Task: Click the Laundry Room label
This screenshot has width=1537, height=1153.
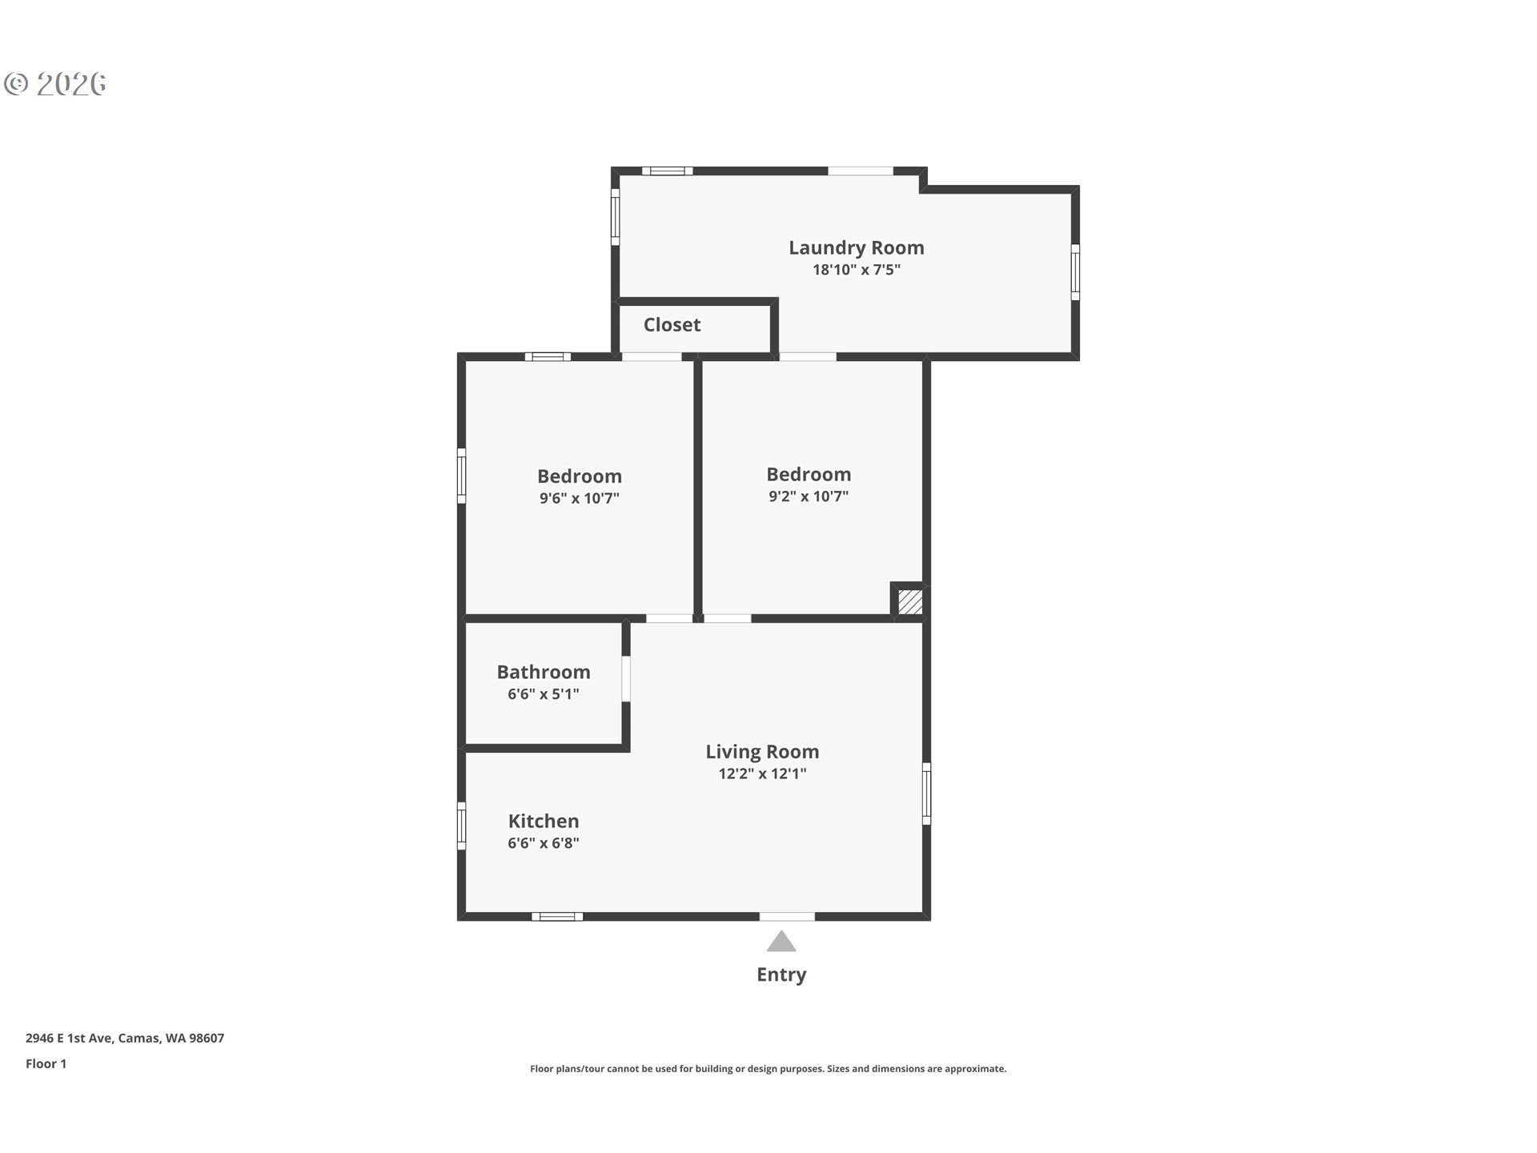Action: pos(856,248)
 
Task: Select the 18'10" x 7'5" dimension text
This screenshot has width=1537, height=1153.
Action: pos(856,270)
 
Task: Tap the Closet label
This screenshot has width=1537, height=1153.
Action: pos(672,325)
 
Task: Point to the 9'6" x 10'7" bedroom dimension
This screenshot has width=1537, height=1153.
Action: pos(579,498)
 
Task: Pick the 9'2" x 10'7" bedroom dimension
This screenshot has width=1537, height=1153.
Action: pos(808,496)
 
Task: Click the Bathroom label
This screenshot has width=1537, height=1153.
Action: pos(543,673)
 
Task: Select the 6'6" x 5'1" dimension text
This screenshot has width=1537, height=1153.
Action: pos(543,694)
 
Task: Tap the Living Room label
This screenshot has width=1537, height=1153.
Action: pos(761,752)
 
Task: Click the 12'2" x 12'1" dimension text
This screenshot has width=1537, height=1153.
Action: pos(761,773)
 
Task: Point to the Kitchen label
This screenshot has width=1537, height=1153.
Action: pos(543,822)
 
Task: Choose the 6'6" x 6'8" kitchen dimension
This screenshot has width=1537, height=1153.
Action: pos(543,843)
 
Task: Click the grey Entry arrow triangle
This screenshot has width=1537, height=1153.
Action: pos(781,942)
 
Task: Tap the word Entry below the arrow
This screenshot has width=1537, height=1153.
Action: pos(781,974)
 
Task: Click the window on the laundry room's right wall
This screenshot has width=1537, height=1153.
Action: pos(1075,272)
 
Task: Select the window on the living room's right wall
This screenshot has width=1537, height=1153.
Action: pos(926,793)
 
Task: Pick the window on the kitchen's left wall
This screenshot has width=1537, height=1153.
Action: pos(461,826)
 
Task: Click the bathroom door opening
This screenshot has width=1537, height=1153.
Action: pos(626,679)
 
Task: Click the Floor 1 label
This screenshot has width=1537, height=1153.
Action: pos(46,1064)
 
